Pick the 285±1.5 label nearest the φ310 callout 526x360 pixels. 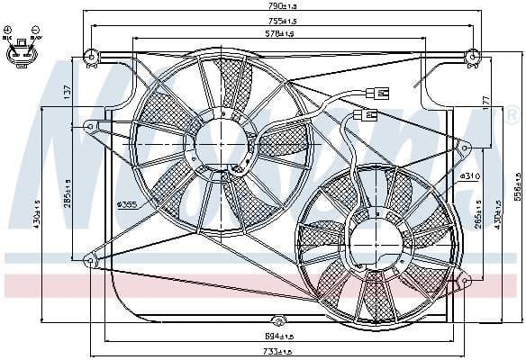[478, 214]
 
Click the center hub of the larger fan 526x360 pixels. [215, 144]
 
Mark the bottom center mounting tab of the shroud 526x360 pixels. [278, 321]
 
